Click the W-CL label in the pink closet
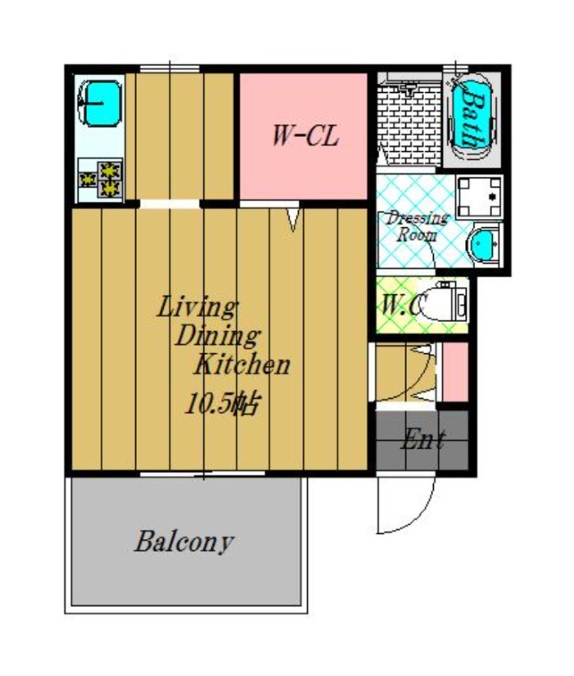pos(306,136)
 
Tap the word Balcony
pos(184,542)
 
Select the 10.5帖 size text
pos(222,405)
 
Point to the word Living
pos(198,308)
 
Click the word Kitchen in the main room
pos(242,365)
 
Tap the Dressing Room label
pos(417,226)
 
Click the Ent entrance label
pos(422,439)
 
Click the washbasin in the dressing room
pos(484,245)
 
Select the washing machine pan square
pos(479,197)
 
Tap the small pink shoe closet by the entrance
pos(455,372)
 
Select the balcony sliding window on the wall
pos(203,474)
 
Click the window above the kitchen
pos(170,68)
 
